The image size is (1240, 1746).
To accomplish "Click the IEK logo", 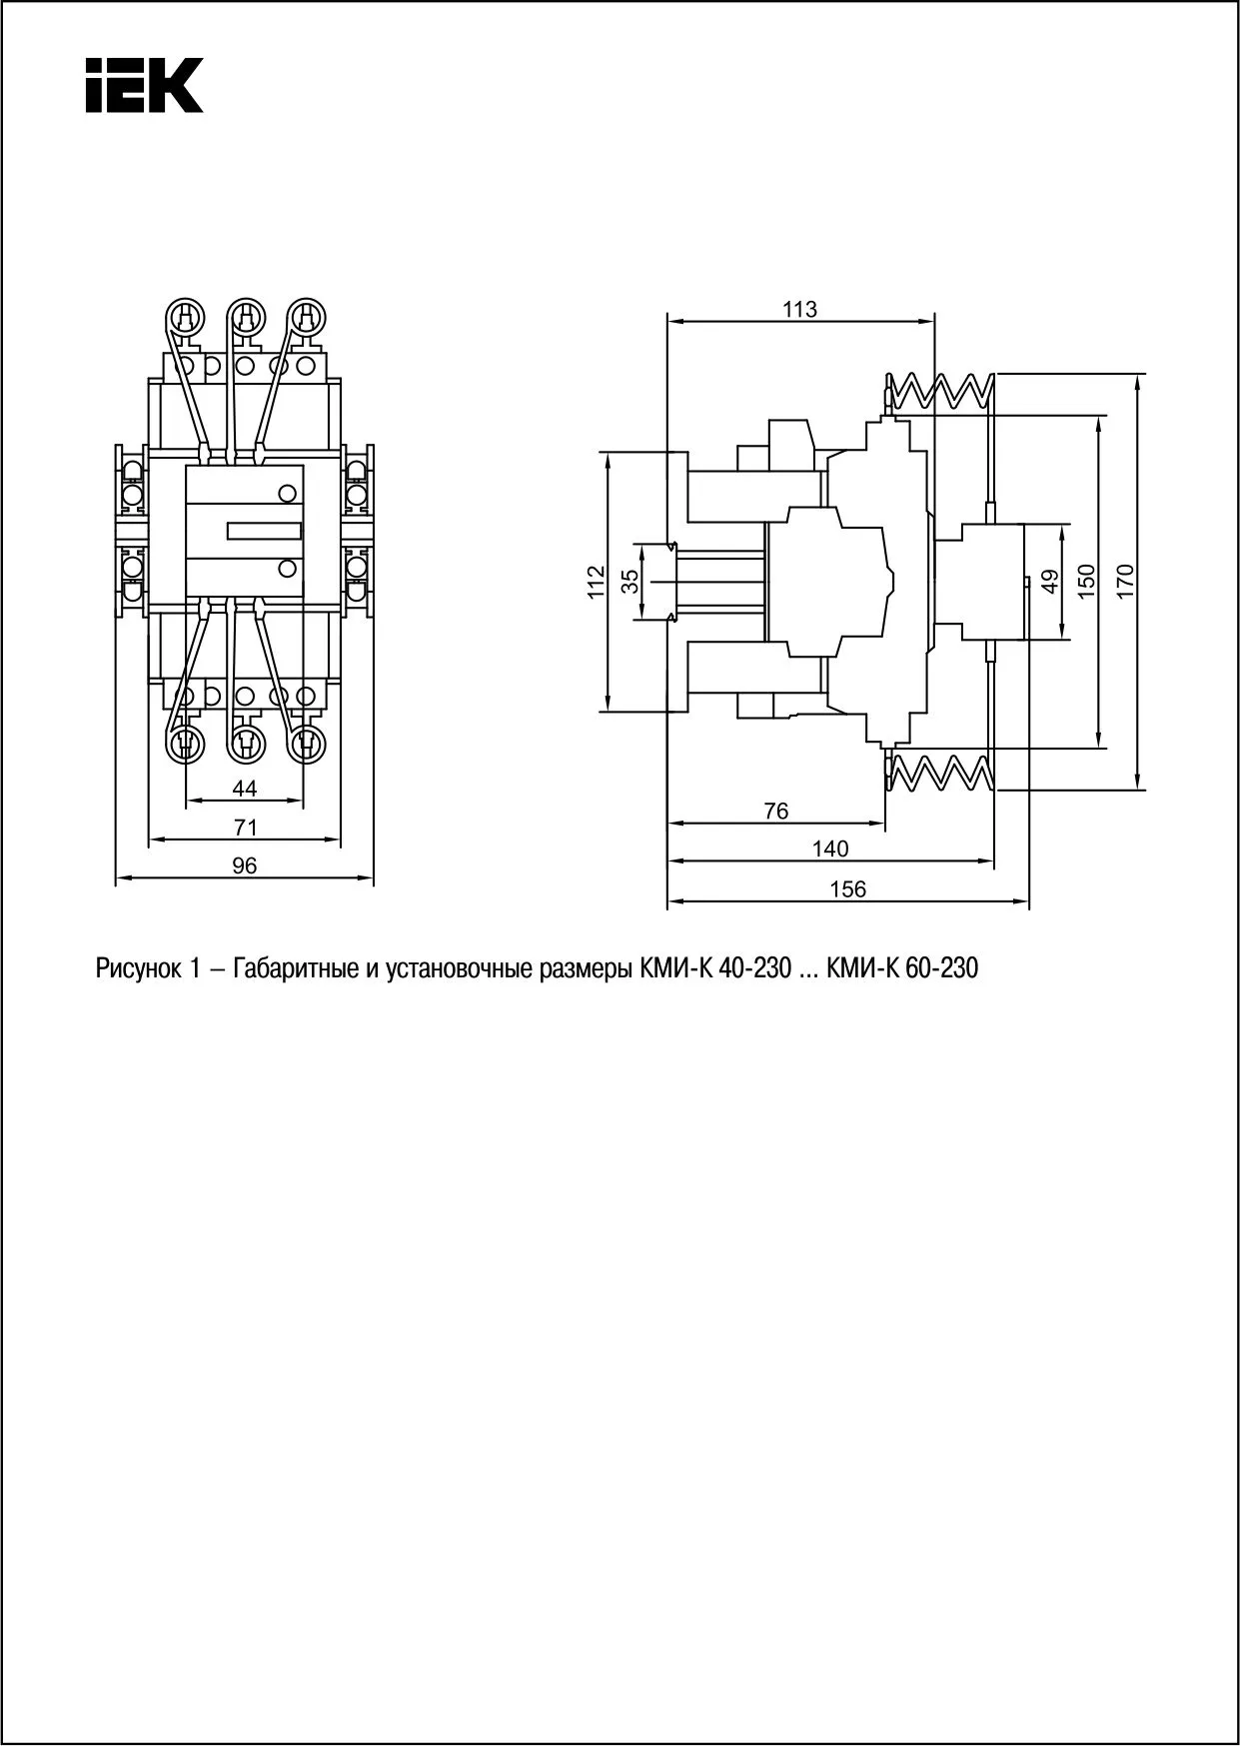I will point(144,85).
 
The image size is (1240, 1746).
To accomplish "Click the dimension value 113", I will point(799,309).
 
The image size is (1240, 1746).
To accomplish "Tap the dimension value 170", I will point(1125,581).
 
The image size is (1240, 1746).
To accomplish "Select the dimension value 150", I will point(1086,581).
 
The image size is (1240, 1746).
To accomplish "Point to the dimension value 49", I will point(1049,581).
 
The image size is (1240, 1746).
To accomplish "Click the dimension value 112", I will point(596,582).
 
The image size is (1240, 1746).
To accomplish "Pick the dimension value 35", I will point(629,582).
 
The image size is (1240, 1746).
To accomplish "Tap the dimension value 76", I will point(775,811).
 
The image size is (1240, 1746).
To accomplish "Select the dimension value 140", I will point(829,849).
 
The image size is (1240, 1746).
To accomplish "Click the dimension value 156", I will point(847,888).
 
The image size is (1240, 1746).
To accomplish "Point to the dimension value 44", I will point(245,789).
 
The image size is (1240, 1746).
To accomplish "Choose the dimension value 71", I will point(245,827).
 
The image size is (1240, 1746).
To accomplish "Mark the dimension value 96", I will point(245,866).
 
